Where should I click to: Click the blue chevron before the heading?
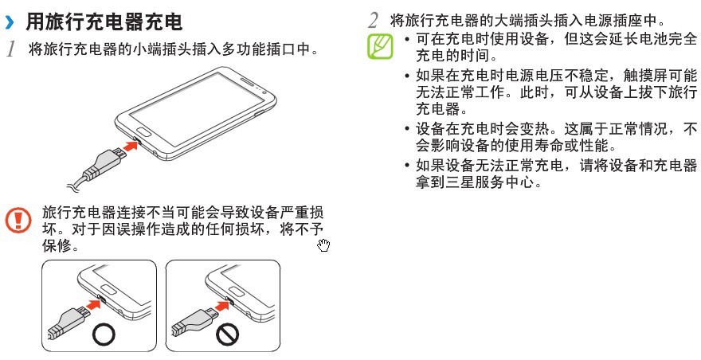pyautogui.click(x=10, y=22)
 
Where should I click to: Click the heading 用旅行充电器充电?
pyautogui.click(x=104, y=22)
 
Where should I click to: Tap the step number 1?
pyautogui.click(x=11, y=49)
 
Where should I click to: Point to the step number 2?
pyautogui.click(x=374, y=21)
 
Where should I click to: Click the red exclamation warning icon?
pyautogui.click(x=18, y=220)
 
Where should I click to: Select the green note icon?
pyautogui.click(x=381, y=46)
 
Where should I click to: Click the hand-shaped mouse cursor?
pyautogui.click(x=323, y=245)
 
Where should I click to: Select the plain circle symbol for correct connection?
pyautogui.click(x=104, y=334)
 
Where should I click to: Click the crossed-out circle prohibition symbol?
pyautogui.click(x=228, y=334)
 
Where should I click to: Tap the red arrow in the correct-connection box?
pyautogui.click(x=94, y=304)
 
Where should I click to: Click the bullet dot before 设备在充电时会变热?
pyautogui.click(x=407, y=130)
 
